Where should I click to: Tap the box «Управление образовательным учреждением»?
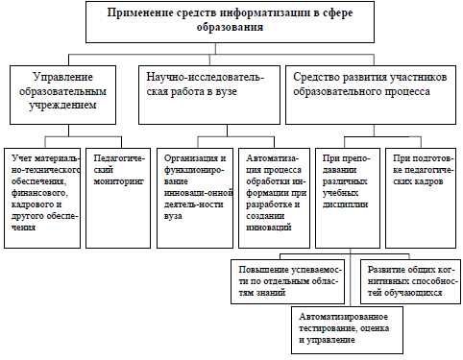click(62, 95)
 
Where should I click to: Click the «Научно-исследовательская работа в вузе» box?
click(209, 95)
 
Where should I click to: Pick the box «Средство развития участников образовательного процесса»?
click(371, 95)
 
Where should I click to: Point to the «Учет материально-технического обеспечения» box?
click(42, 198)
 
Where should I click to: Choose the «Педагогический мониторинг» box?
click(118, 198)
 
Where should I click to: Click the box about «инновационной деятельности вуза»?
click(195, 198)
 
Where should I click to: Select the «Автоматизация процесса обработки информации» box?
click(274, 198)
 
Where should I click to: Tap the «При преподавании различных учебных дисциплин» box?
click(348, 198)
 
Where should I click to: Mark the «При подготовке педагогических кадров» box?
click(421, 198)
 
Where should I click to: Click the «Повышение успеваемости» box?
click(287, 281)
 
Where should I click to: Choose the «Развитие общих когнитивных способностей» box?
click(410, 281)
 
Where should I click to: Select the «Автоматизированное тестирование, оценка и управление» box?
click(347, 330)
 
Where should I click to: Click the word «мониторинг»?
click(118, 181)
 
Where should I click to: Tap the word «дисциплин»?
click(345, 204)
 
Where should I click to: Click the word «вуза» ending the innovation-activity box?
click(173, 216)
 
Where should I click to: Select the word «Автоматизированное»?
click(344, 317)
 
